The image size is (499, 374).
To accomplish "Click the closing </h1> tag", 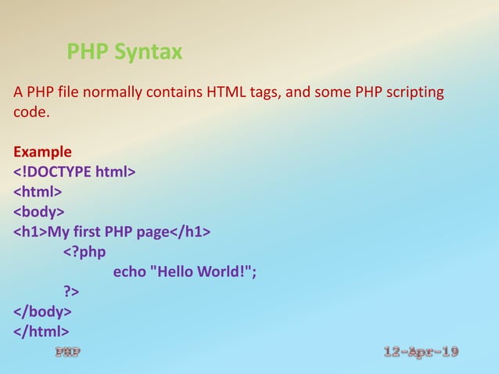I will pos(190,232).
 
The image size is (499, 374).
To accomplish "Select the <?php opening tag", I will pos(84,253).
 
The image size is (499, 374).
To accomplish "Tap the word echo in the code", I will pos(129,273).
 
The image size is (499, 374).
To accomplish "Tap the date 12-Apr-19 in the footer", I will pos(422,352).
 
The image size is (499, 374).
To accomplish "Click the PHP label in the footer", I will pos(67,353).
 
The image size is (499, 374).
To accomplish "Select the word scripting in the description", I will pos(412,94).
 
